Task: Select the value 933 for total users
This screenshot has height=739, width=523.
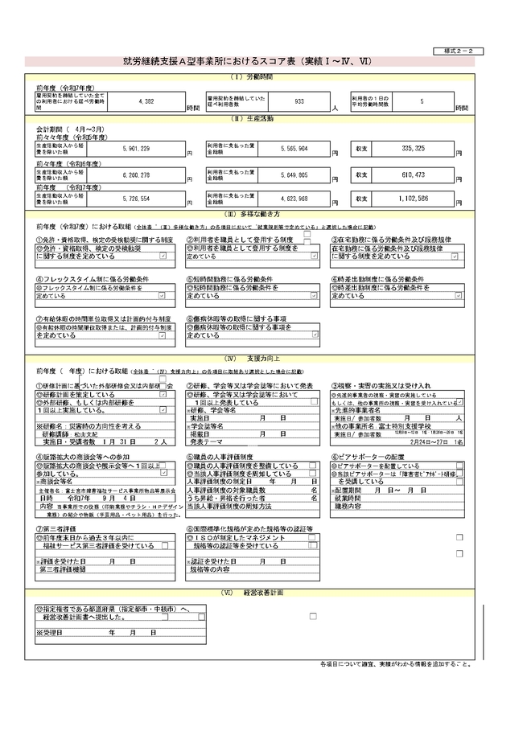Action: (299, 102)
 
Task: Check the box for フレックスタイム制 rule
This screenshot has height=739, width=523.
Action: (163, 296)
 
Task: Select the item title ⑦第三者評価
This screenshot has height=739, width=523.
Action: (58, 530)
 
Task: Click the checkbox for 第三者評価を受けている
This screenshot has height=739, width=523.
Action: (164, 545)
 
